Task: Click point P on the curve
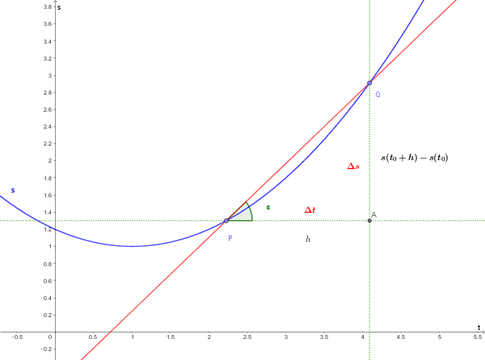(x=226, y=220)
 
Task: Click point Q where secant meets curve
(x=369, y=83)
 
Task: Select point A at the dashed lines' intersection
(x=369, y=220)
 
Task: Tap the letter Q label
(x=377, y=95)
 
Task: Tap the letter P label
(x=230, y=238)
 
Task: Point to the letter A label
(x=373, y=214)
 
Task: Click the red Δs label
(x=353, y=167)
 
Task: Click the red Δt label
(x=310, y=210)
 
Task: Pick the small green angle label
(x=268, y=208)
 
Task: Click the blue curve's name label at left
(x=12, y=191)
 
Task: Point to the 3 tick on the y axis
(x=49, y=75)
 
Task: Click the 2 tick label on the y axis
(x=49, y=160)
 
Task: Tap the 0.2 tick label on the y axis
(x=47, y=315)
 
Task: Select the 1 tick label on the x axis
(x=132, y=337)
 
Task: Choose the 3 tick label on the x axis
(x=285, y=337)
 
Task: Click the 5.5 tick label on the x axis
(x=478, y=337)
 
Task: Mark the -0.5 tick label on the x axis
(x=17, y=337)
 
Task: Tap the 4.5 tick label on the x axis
(x=401, y=337)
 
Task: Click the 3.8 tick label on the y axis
(x=47, y=6)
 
